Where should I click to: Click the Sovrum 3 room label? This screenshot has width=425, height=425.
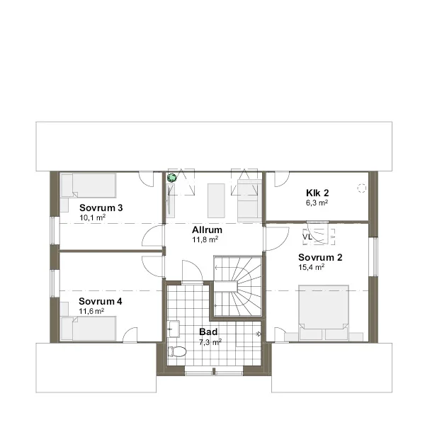click(x=101, y=208)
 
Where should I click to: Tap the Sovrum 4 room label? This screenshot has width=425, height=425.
click(x=101, y=302)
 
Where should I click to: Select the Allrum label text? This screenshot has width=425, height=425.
click(x=207, y=229)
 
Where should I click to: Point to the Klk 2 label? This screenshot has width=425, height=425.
click(x=317, y=193)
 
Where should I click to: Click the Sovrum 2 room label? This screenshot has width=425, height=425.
click(x=320, y=257)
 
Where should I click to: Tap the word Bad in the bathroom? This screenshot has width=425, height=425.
click(x=208, y=331)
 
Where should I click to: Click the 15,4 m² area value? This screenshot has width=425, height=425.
click(x=312, y=267)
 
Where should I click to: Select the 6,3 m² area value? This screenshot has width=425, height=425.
click(x=317, y=203)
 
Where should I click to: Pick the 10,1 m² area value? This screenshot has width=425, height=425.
click(x=92, y=217)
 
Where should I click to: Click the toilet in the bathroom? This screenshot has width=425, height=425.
click(x=177, y=352)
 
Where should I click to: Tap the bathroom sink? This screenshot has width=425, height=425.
click(x=174, y=329)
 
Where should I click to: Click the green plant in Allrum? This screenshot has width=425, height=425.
click(x=171, y=178)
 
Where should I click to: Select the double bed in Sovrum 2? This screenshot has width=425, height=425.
click(x=324, y=312)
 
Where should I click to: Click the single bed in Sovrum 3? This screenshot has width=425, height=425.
click(x=89, y=186)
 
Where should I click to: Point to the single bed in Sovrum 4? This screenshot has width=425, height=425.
click(x=89, y=328)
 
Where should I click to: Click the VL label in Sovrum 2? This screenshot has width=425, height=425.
click(x=307, y=237)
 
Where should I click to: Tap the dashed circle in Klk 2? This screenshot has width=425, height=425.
click(x=361, y=188)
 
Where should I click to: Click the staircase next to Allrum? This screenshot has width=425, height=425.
click(x=238, y=286)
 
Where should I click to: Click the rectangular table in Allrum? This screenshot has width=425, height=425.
click(x=216, y=200)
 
